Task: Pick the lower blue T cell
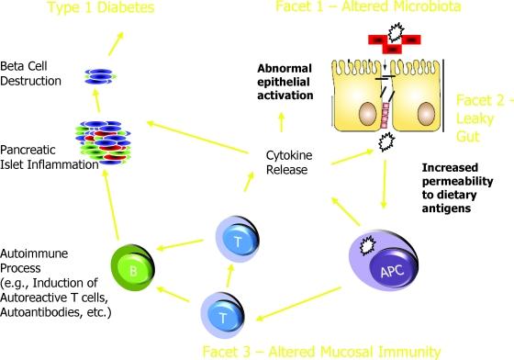[223, 314]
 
